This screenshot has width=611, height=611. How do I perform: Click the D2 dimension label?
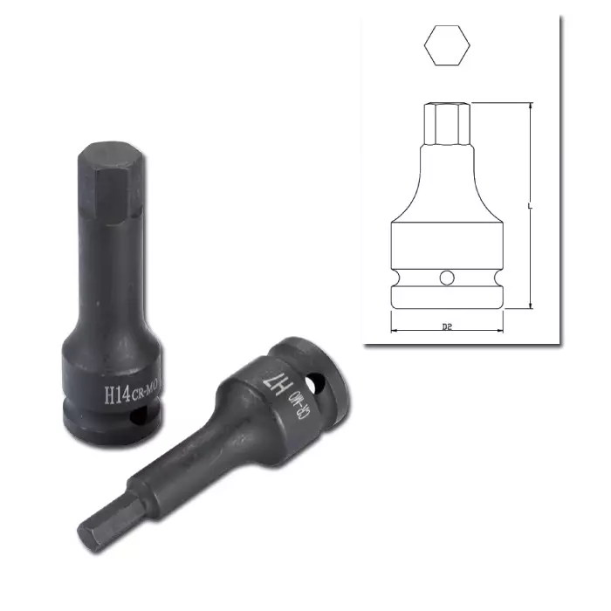[x=447, y=326]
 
